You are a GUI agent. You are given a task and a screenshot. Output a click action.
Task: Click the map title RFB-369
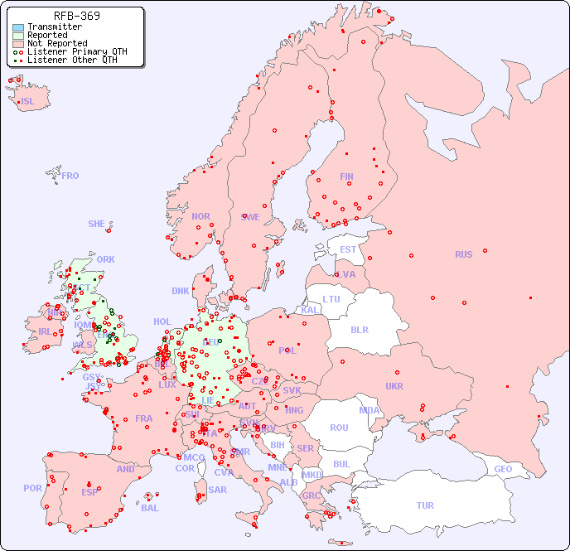point(77,16)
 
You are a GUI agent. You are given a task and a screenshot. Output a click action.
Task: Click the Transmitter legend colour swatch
point(18,27)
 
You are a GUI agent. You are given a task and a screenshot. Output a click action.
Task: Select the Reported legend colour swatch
point(18,36)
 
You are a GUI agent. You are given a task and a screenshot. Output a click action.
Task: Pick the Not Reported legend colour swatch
point(18,44)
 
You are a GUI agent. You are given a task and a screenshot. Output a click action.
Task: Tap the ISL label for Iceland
point(28,102)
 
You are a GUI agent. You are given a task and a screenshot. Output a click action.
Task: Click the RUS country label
point(463,254)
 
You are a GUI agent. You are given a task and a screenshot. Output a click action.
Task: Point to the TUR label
point(425,505)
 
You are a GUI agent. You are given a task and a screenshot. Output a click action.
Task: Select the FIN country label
point(346,176)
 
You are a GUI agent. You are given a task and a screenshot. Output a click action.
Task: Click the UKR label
point(394,386)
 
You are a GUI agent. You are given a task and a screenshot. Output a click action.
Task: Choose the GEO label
point(503,469)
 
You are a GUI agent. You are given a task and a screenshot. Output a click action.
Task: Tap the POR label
point(32,488)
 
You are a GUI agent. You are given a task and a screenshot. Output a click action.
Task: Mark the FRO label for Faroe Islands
point(70,176)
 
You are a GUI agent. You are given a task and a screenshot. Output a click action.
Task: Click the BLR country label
point(360,329)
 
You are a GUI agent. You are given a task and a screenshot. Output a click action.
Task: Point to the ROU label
point(339,428)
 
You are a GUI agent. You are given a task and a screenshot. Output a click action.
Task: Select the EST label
point(348,249)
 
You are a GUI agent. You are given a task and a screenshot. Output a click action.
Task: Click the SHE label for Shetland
point(97,224)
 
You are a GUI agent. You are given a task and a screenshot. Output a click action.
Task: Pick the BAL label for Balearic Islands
point(150,508)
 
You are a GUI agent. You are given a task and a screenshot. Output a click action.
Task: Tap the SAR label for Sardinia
point(218,490)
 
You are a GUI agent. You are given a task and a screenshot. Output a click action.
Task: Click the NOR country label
point(200,216)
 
